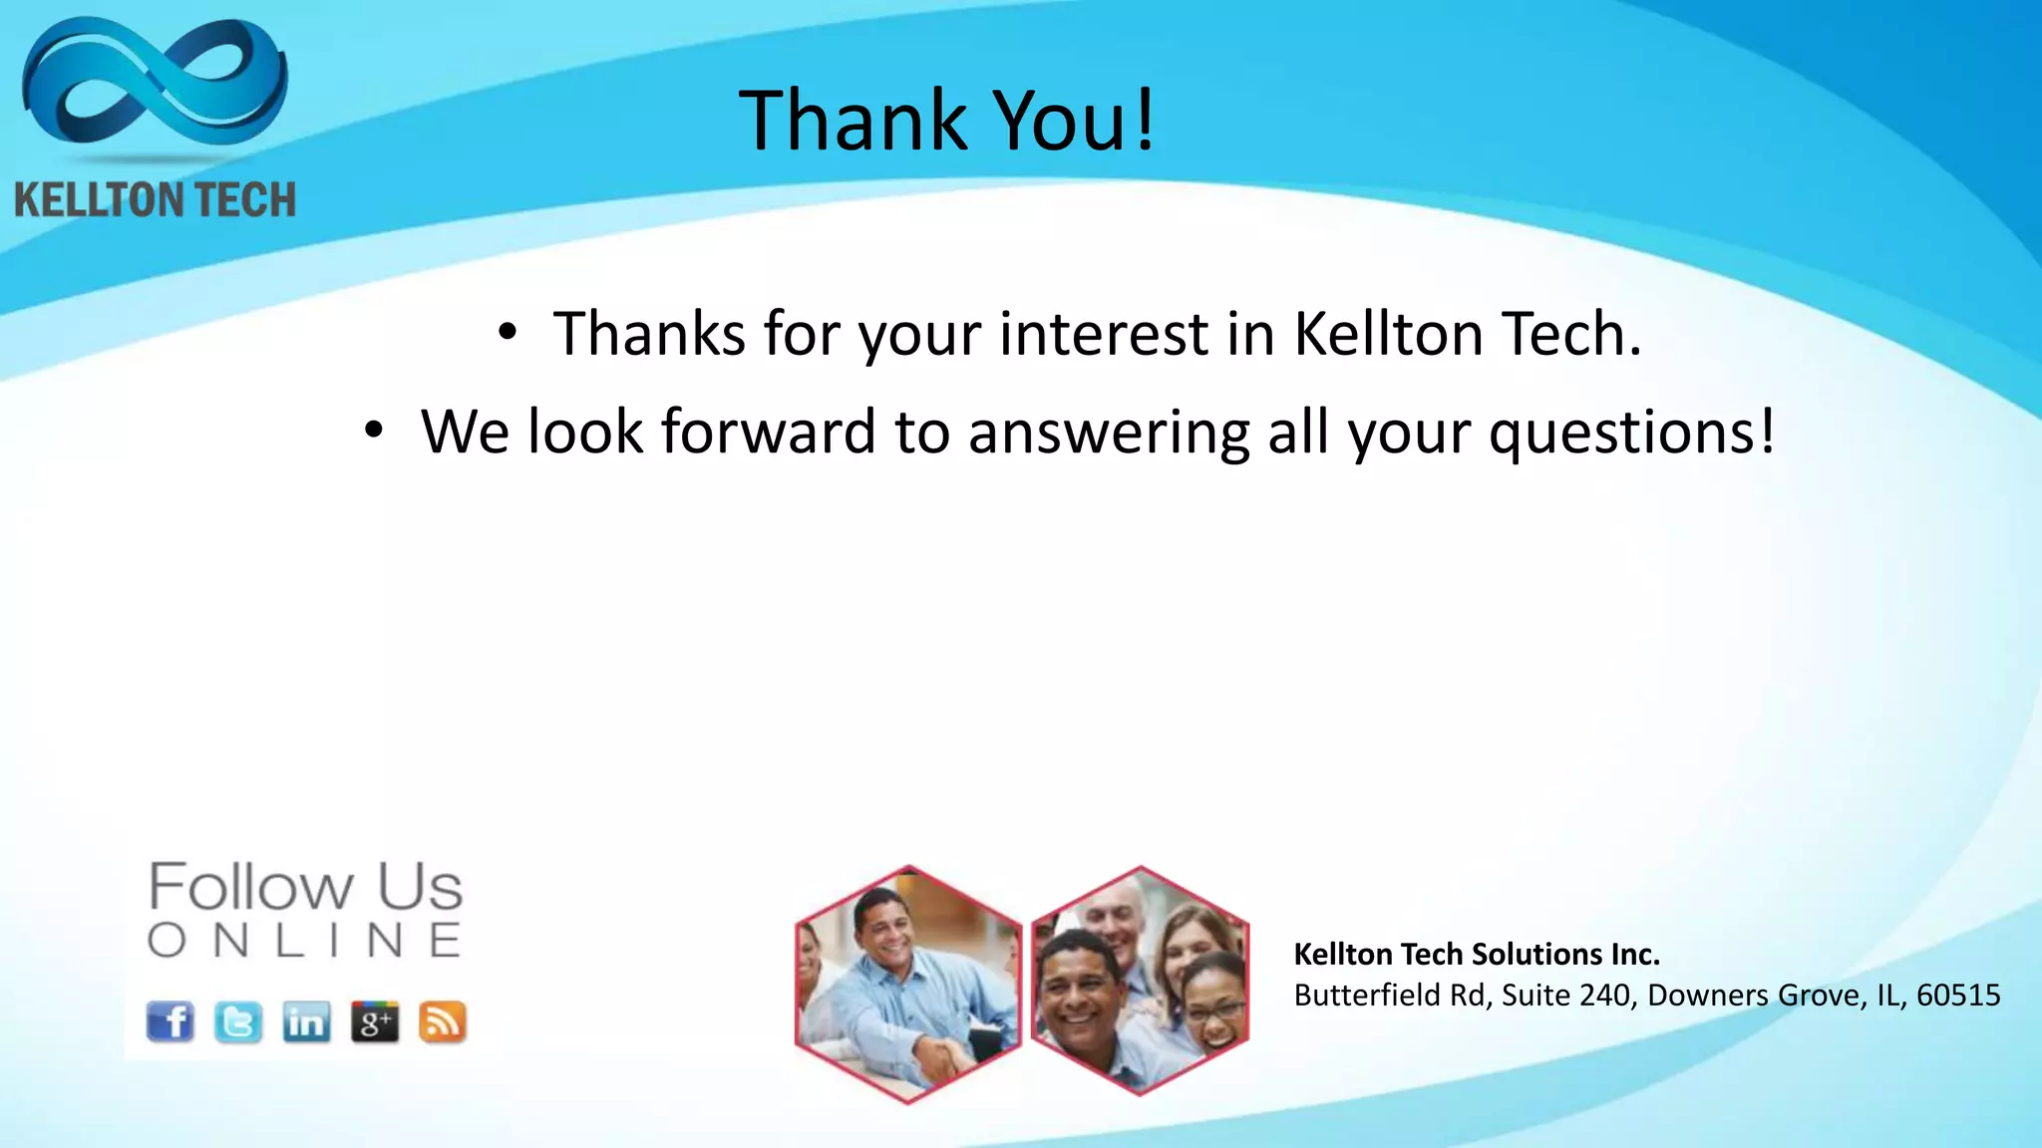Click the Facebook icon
pyautogui.click(x=170, y=1021)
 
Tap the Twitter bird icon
pyautogui.click(x=238, y=1022)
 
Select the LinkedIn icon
pyautogui.click(x=306, y=1022)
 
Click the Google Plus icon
pyautogui.click(x=375, y=1022)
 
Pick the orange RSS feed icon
pyautogui.click(x=443, y=1022)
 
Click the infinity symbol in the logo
pyautogui.click(x=155, y=85)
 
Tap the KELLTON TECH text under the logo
pyautogui.click(x=155, y=200)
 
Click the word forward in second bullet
pyautogui.click(x=768, y=431)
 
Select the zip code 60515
pyautogui.click(x=1958, y=996)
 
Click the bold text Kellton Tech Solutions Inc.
pyautogui.click(x=1477, y=955)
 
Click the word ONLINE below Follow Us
pyautogui.click(x=305, y=941)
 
